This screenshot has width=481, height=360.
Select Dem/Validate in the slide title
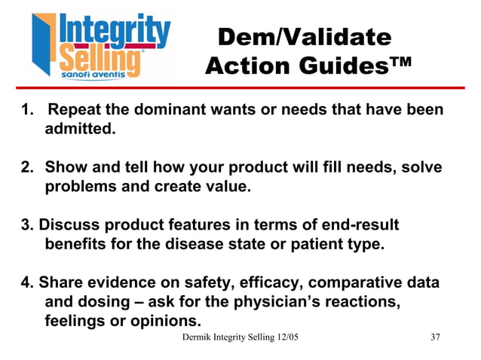[303, 37]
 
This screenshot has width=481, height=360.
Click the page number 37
[434, 336]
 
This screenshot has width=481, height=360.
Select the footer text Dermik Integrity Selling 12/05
[241, 336]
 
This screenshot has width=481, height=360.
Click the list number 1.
[27, 110]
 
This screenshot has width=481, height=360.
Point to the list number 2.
[27, 166]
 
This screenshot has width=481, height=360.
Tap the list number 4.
[27, 283]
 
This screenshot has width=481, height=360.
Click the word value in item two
[225, 186]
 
